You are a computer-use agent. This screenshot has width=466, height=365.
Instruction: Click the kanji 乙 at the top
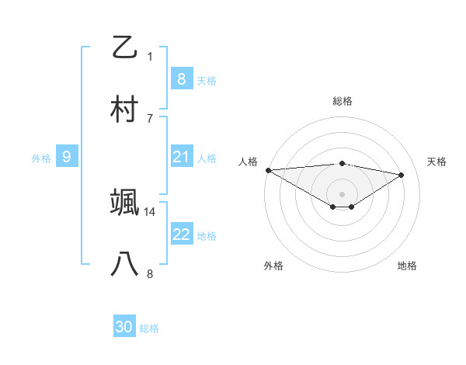click(x=124, y=47)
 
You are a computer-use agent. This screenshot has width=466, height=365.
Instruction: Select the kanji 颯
click(x=124, y=202)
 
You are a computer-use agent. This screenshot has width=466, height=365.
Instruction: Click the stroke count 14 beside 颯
click(x=150, y=211)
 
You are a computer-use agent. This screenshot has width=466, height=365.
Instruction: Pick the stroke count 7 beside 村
click(x=150, y=118)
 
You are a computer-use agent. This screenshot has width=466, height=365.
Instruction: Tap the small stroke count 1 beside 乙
click(x=150, y=57)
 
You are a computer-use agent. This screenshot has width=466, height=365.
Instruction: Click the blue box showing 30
click(x=124, y=327)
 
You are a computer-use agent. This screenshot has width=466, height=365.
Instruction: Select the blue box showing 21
click(x=181, y=157)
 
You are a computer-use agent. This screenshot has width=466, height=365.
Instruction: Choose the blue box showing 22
click(x=181, y=235)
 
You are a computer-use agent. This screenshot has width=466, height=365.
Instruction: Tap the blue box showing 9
click(x=67, y=157)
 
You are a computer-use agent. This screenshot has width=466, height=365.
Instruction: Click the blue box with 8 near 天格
click(x=181, y=79)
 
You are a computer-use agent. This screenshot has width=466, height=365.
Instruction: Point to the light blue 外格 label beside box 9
click(x=41, y=158)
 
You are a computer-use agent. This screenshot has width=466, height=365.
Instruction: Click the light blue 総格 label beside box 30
click(x=149, y=328)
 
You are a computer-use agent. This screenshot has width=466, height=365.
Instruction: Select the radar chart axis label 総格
click(x=342, y=101)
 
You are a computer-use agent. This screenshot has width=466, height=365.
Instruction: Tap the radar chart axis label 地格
click(x=407, y=266)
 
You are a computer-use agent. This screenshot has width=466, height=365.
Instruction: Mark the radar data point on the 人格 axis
click(x=268, y=170)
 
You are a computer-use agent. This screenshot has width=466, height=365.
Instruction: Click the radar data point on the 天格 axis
click(x=402, y=175)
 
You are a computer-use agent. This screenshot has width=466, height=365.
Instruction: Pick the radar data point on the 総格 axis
click(x=342, y=163)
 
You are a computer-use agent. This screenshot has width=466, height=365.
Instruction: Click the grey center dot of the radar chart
click(x=342, y=193)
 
